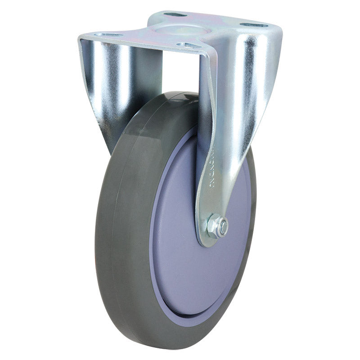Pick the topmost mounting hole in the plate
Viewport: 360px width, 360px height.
pos(175,14)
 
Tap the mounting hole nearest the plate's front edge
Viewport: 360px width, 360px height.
pos(185,45)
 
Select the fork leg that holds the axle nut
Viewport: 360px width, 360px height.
pos(225,135)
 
